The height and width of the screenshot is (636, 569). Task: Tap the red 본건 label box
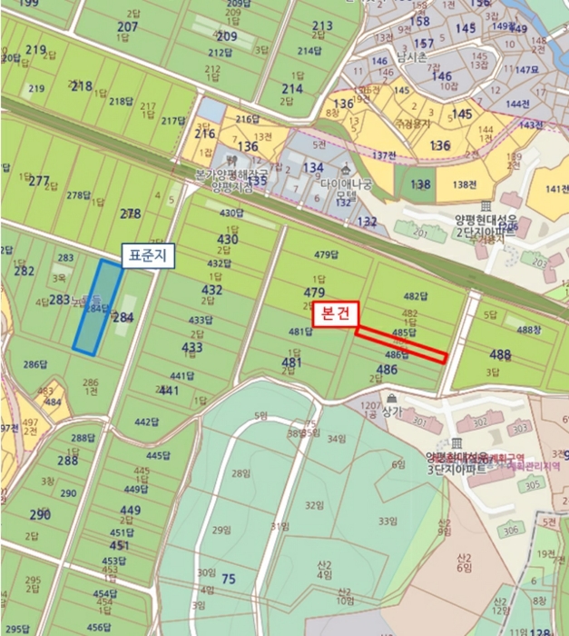point(336,314)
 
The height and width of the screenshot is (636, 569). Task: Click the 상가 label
point(392,412)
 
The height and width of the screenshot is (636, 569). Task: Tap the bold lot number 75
point(228,580)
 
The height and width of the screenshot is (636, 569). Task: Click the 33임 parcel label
point(388,521)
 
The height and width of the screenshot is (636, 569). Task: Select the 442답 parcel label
point(146,422)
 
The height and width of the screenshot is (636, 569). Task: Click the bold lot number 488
point(500,354)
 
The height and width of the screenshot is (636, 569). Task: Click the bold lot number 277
point(39,181)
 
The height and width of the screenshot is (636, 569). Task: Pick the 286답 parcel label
point(34,364)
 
